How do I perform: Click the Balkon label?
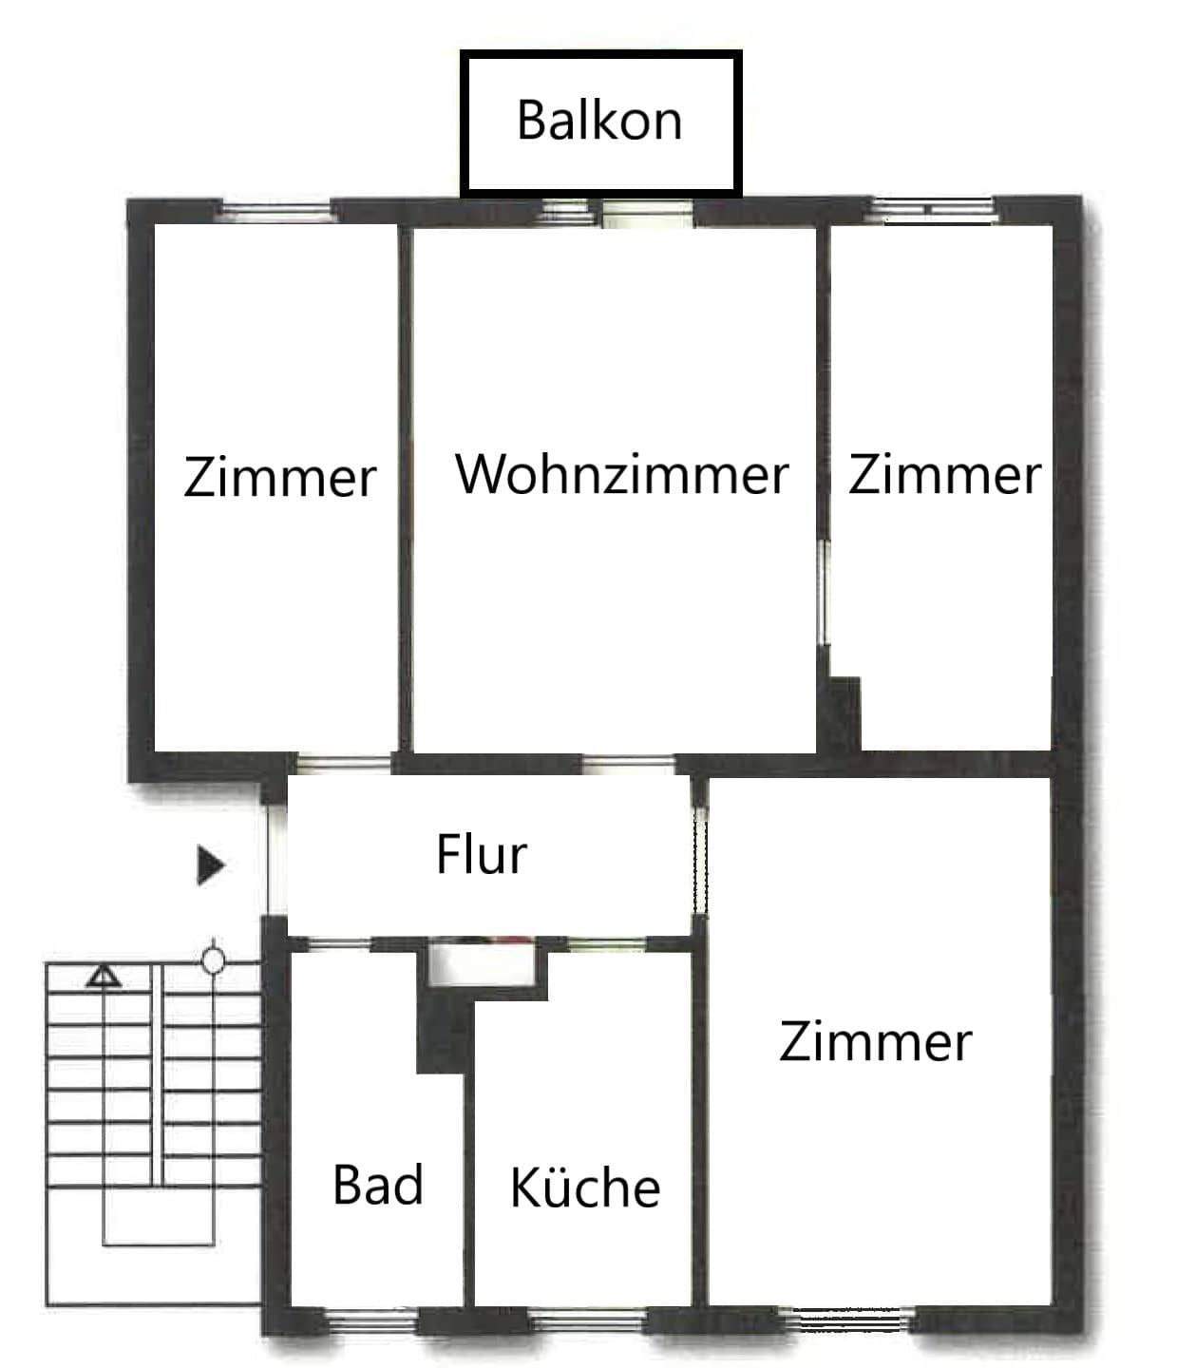click(599, 121)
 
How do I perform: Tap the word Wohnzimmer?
click(622, 474)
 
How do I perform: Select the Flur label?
click(481, 854)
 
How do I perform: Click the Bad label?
click(378, 1186)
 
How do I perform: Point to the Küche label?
click(585, 1187)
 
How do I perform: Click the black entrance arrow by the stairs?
click(210, 864)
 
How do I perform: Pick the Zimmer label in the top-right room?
click(944, 474)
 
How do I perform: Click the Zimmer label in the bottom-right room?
click(875, 1041)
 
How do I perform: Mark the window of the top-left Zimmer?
click(276, 211)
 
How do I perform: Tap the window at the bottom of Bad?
click(371, 1318)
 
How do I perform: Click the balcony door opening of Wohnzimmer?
click(648, 212)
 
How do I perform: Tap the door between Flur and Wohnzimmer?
click(628, 763)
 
